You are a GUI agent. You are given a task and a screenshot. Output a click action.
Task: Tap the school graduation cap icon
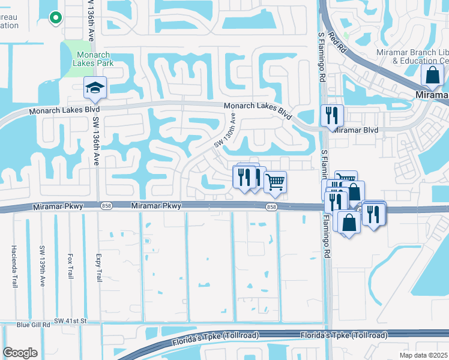pyautogui.click(x=95, y=88)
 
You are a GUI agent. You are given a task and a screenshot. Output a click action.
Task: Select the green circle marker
pyautogui.click(x=55, y=18)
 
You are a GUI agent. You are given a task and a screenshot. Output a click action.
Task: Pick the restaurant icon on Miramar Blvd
pyautogui.click(x=332, y=115)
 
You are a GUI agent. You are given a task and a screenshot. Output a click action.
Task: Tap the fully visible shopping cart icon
pyautogui.click(x=275, y=182)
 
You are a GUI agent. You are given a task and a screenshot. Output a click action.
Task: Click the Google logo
pyautogui.click(x=20, y=353)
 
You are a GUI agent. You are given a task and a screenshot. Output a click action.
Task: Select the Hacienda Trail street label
pyautogui.click(x=13, y=266)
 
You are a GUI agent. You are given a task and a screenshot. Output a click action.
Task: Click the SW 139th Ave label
pyautogui.click(x=42, y=262)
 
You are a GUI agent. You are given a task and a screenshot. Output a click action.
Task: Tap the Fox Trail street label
pyautogui.click(x=70, y=265)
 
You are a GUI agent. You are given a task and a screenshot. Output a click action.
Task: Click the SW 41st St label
pyautogui.click(x=71, y=321)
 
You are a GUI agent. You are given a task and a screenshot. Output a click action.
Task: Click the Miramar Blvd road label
pyautogui.click(x=356, y=130)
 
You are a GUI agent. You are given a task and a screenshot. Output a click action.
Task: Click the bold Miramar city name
pyautogui.click(x=432, y=95)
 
